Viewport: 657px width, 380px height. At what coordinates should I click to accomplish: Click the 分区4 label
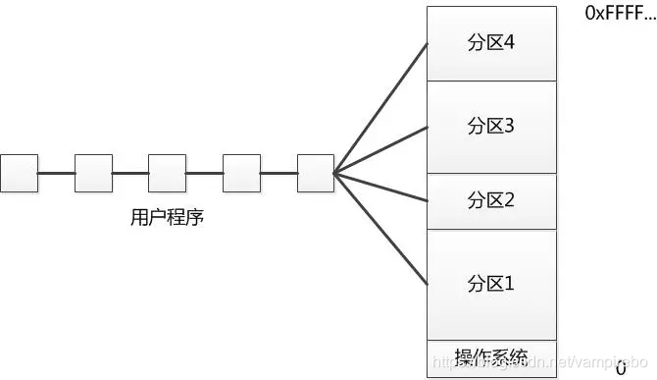(491, 44)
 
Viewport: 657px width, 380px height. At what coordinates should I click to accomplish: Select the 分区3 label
(491, 126)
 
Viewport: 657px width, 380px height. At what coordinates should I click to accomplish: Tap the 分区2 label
(491, 200)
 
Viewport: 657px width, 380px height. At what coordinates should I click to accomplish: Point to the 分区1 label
(491, 284)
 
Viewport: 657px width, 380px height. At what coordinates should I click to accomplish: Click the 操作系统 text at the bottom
(491, 356)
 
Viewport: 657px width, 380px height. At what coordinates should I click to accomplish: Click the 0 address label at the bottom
(621, 369)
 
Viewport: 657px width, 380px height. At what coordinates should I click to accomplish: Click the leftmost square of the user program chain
(19, 173)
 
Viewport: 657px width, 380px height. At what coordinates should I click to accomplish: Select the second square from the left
(93, 173)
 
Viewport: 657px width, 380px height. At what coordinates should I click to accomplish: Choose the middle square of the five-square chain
(167, 173)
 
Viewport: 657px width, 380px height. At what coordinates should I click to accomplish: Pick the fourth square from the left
(241, 173)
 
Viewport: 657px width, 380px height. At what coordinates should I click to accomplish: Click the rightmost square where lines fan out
(315, 173)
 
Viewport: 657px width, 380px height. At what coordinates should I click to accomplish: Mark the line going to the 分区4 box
(380, 108)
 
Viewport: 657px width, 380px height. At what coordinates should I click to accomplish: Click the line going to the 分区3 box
(380, 149)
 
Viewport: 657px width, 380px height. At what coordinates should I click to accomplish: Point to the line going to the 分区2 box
(380, 188)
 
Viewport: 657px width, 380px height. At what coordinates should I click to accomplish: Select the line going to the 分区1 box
(380, 229)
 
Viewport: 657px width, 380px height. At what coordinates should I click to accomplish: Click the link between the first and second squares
(56, 174)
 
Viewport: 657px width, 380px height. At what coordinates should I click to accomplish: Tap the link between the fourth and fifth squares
(278, 174)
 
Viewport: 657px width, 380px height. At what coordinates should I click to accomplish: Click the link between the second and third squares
(130, 174)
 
